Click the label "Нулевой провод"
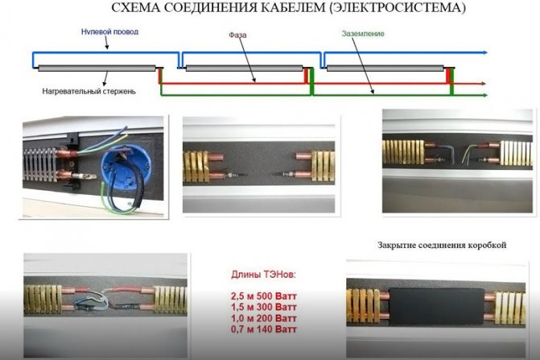(110, 33)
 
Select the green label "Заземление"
(357, 35)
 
